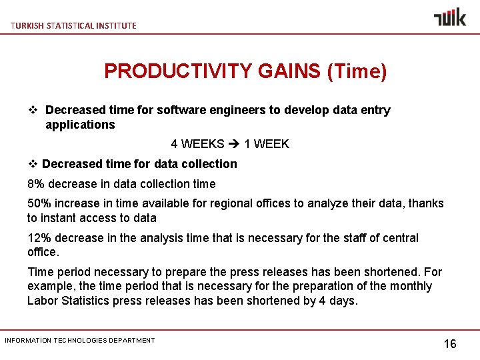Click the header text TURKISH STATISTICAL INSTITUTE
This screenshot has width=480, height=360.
[73, 25]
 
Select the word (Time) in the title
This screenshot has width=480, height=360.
[357, 71]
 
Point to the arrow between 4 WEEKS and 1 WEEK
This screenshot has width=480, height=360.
[235, 144]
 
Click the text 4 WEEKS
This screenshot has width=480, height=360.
[197, 144]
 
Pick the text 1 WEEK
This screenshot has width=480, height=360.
[267, 144]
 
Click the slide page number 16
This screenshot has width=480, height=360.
[450, 344]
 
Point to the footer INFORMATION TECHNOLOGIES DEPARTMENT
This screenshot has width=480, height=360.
[80, 341]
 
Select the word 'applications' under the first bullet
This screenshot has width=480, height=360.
[80, 125]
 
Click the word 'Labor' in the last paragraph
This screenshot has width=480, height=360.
[43, 301]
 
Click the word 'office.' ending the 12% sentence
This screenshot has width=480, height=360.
[43, 252]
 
